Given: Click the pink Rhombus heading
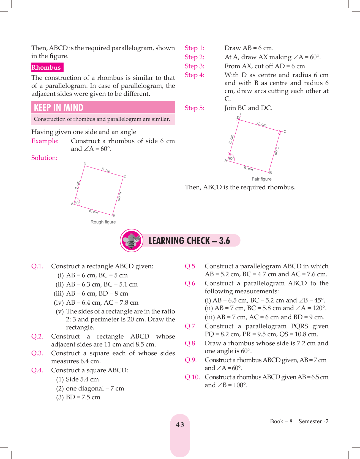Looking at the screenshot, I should point(46,67).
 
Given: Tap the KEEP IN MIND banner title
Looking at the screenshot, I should point(59,107).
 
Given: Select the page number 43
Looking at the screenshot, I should point(180,425).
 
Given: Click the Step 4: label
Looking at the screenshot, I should point(194,75).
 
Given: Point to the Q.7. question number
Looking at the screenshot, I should point(190,326).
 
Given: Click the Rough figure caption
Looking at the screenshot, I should point(103,222).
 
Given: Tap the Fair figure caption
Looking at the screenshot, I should point(261,179).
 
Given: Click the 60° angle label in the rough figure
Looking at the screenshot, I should point(77,203).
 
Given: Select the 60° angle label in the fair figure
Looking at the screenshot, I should point(231,159).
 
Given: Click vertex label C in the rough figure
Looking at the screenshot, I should point(125,177).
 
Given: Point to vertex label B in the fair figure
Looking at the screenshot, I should point(271,173).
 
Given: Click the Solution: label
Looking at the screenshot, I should point(44,158).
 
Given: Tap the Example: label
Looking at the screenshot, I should point(45,141).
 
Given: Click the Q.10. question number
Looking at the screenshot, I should point(192,377).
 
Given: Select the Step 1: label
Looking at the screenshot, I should point(194,48).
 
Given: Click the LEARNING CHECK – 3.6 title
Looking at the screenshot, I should point(189,241).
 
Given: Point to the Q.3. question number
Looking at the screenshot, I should point(37,353).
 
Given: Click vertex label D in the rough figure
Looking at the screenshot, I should point(85,164).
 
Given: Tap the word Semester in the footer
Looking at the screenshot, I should point(310,421).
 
